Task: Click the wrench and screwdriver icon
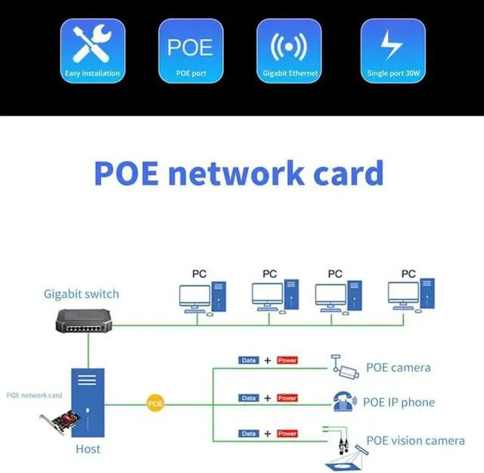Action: (92, 44)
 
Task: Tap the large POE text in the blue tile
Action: (190, 47)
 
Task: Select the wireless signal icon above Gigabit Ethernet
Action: (289, 47)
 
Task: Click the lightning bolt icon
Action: (392, 44)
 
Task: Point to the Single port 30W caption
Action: (393, 73)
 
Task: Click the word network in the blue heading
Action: (237, 173)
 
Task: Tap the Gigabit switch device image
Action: (84, 321)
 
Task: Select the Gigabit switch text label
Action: (82, 294)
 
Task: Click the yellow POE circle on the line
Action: (155, 403)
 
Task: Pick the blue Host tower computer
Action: (88, 403)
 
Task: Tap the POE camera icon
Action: (345, 367)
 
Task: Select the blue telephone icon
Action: (345, 401)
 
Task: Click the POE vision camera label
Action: (415, 441)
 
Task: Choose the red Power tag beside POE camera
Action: (287, 360)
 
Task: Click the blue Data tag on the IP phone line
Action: (249, 398)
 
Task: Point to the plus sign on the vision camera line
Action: (268, 434)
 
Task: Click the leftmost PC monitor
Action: (195, 295)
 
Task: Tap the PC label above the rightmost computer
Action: (408, 274)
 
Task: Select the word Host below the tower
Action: (88, 449)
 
